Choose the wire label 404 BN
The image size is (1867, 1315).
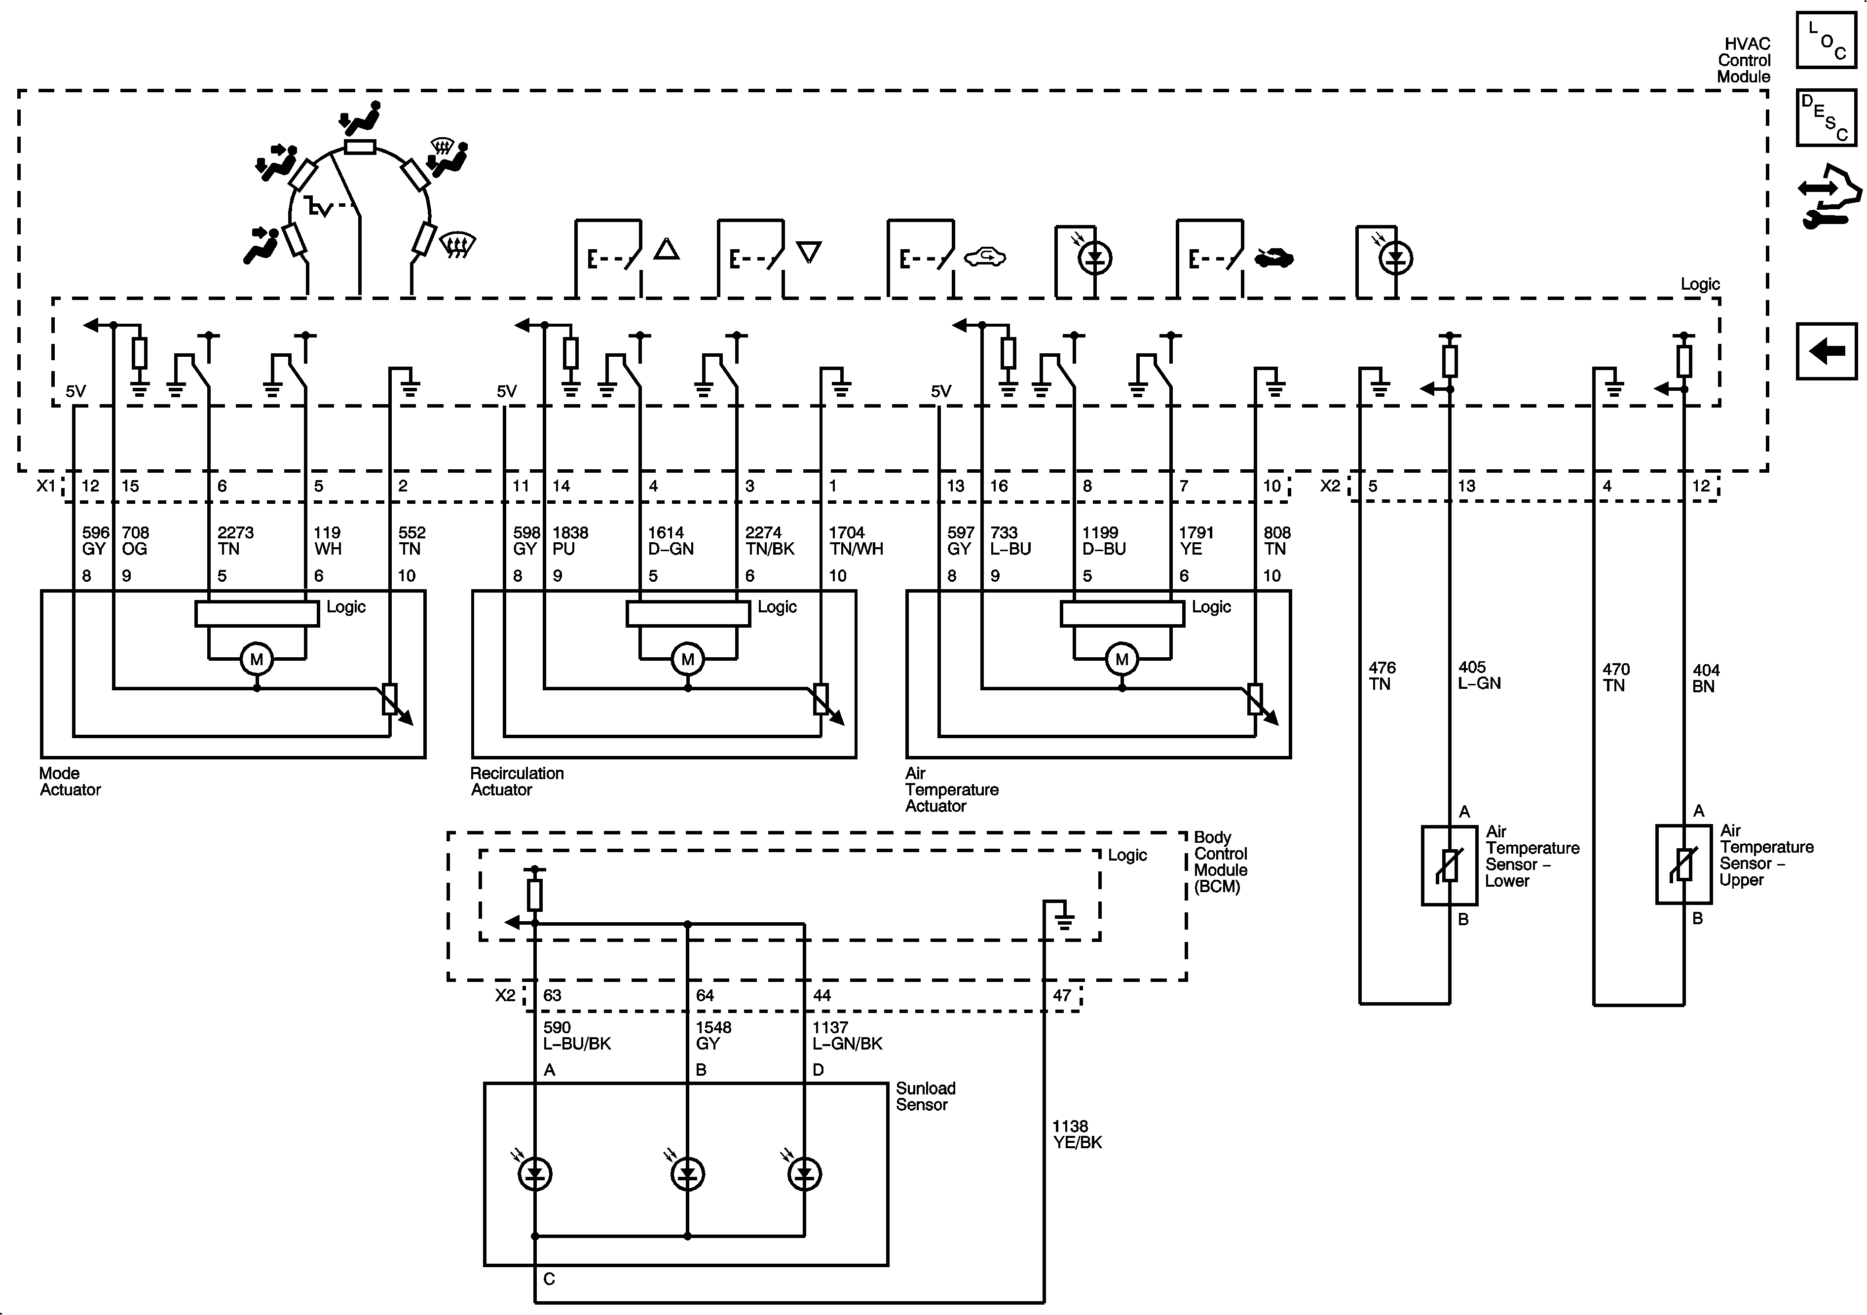[x=1706, y=678]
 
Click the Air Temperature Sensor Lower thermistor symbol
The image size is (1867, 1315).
[x=1449, y=865]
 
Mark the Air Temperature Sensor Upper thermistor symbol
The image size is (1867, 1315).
[x=1684, y=864]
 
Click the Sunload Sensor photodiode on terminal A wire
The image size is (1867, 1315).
[x=535, y=1173]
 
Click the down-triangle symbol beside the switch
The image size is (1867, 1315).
[x=809, y=252]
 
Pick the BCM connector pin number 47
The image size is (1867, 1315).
[x=1062, y=995]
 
